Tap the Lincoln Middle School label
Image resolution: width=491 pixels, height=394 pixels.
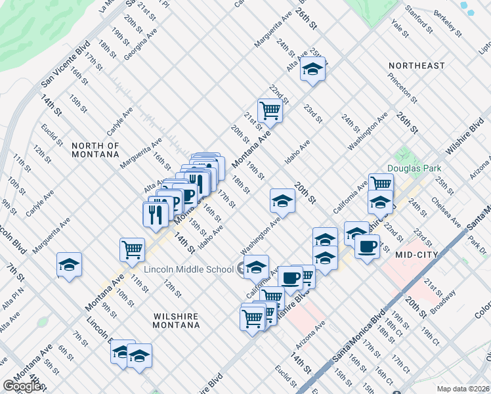(189, 269)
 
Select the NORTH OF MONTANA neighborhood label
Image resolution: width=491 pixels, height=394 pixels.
(95, 150)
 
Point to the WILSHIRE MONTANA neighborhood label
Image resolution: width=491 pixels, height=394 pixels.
(176, 320)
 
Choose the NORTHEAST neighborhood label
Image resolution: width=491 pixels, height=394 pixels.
(416, 66)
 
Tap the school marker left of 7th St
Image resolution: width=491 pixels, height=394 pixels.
(69, 265)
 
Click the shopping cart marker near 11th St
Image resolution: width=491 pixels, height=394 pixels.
(132, 250)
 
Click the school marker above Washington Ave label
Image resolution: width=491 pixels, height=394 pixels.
(282, 200)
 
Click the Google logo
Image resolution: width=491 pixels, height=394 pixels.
(22, 386)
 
